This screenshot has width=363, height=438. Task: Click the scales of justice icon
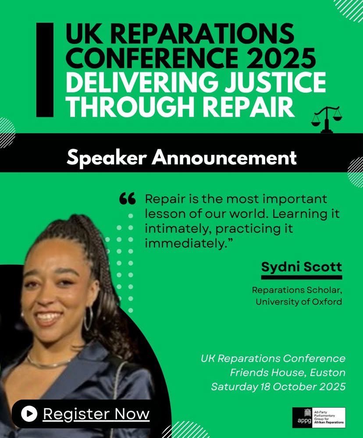click(x=326, y=119)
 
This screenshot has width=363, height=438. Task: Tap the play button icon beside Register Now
click(x=29, y=414)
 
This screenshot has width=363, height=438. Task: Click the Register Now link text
click(x=96, y=414)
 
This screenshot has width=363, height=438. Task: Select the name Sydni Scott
click(x=301, y=267)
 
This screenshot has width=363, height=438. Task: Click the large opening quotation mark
click(x=127, y=198)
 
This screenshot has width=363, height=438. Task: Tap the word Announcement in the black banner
click(x=224, y=158)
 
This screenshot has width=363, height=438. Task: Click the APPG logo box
click(x=319, y=417)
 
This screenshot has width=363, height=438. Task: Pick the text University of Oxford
click(x=299, y=302)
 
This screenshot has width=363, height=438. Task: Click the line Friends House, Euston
click(x=288, y=373)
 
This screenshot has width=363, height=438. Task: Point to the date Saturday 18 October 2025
click(x=278, y=387)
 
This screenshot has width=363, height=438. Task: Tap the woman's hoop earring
click(x=88, y=319)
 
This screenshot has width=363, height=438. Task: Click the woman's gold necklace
click(x=47, y=363)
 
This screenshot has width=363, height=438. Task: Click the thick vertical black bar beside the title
click(x=45, y=70)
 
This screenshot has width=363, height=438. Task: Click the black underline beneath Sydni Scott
click(x=302, y=277)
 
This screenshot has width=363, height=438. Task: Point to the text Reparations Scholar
click(x=297, y=290)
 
